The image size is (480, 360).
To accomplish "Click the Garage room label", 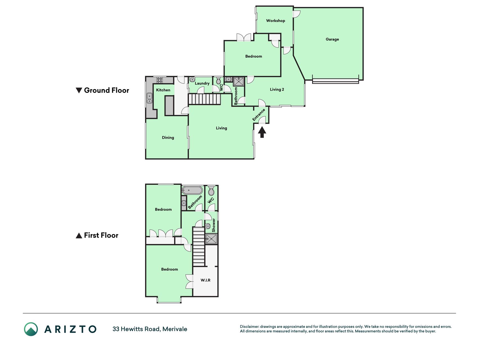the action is tap(332, 39).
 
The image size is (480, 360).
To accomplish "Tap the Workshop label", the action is tap(276, 21).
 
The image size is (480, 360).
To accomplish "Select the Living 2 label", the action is tap(277, 89).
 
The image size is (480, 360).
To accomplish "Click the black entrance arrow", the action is tap(262, 132).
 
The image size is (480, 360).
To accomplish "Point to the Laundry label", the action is tap(202, 83).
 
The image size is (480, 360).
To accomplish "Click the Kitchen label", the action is tap(163, 90).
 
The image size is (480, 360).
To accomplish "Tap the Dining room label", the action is tap(168, 138).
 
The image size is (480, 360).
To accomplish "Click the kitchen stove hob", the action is tap(160, 80).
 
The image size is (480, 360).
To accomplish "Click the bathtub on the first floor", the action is tap(192, 190).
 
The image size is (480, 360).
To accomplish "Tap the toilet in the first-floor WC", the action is tap(211, 191).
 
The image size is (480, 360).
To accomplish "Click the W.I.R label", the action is tap(206, 280).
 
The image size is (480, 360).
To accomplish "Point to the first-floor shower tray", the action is tap(211, 239).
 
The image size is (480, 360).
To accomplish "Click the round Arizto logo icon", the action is tap(31, 329).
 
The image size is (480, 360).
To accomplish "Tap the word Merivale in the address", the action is tap(175, 329).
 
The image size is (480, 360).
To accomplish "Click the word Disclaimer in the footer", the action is tap(249, 327).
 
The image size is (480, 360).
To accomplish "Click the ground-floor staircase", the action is tap(204, 99).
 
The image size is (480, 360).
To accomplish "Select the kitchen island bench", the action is tap(169, 105).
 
